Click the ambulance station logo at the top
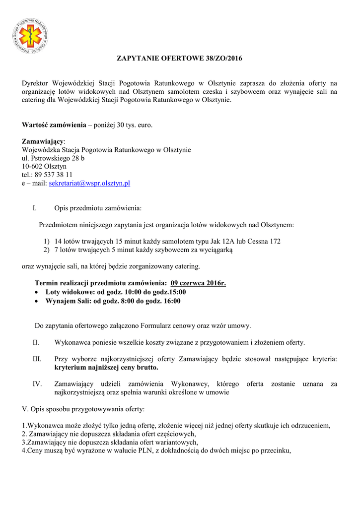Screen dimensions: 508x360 pos(31,36)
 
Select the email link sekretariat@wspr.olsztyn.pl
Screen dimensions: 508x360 pos(89,183)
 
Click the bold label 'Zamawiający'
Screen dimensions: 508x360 pos(43,141)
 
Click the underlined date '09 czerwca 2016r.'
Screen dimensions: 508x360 pos(198,284)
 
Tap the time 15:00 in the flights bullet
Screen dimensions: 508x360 pos(177,292)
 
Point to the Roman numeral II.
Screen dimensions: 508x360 pos(36,342)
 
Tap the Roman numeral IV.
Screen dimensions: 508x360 pos(36,384)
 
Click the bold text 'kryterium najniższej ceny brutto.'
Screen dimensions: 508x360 pos(106,368)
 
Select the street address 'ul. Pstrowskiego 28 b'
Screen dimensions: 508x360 pos(53,158)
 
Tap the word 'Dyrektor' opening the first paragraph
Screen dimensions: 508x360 pos(36,83)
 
